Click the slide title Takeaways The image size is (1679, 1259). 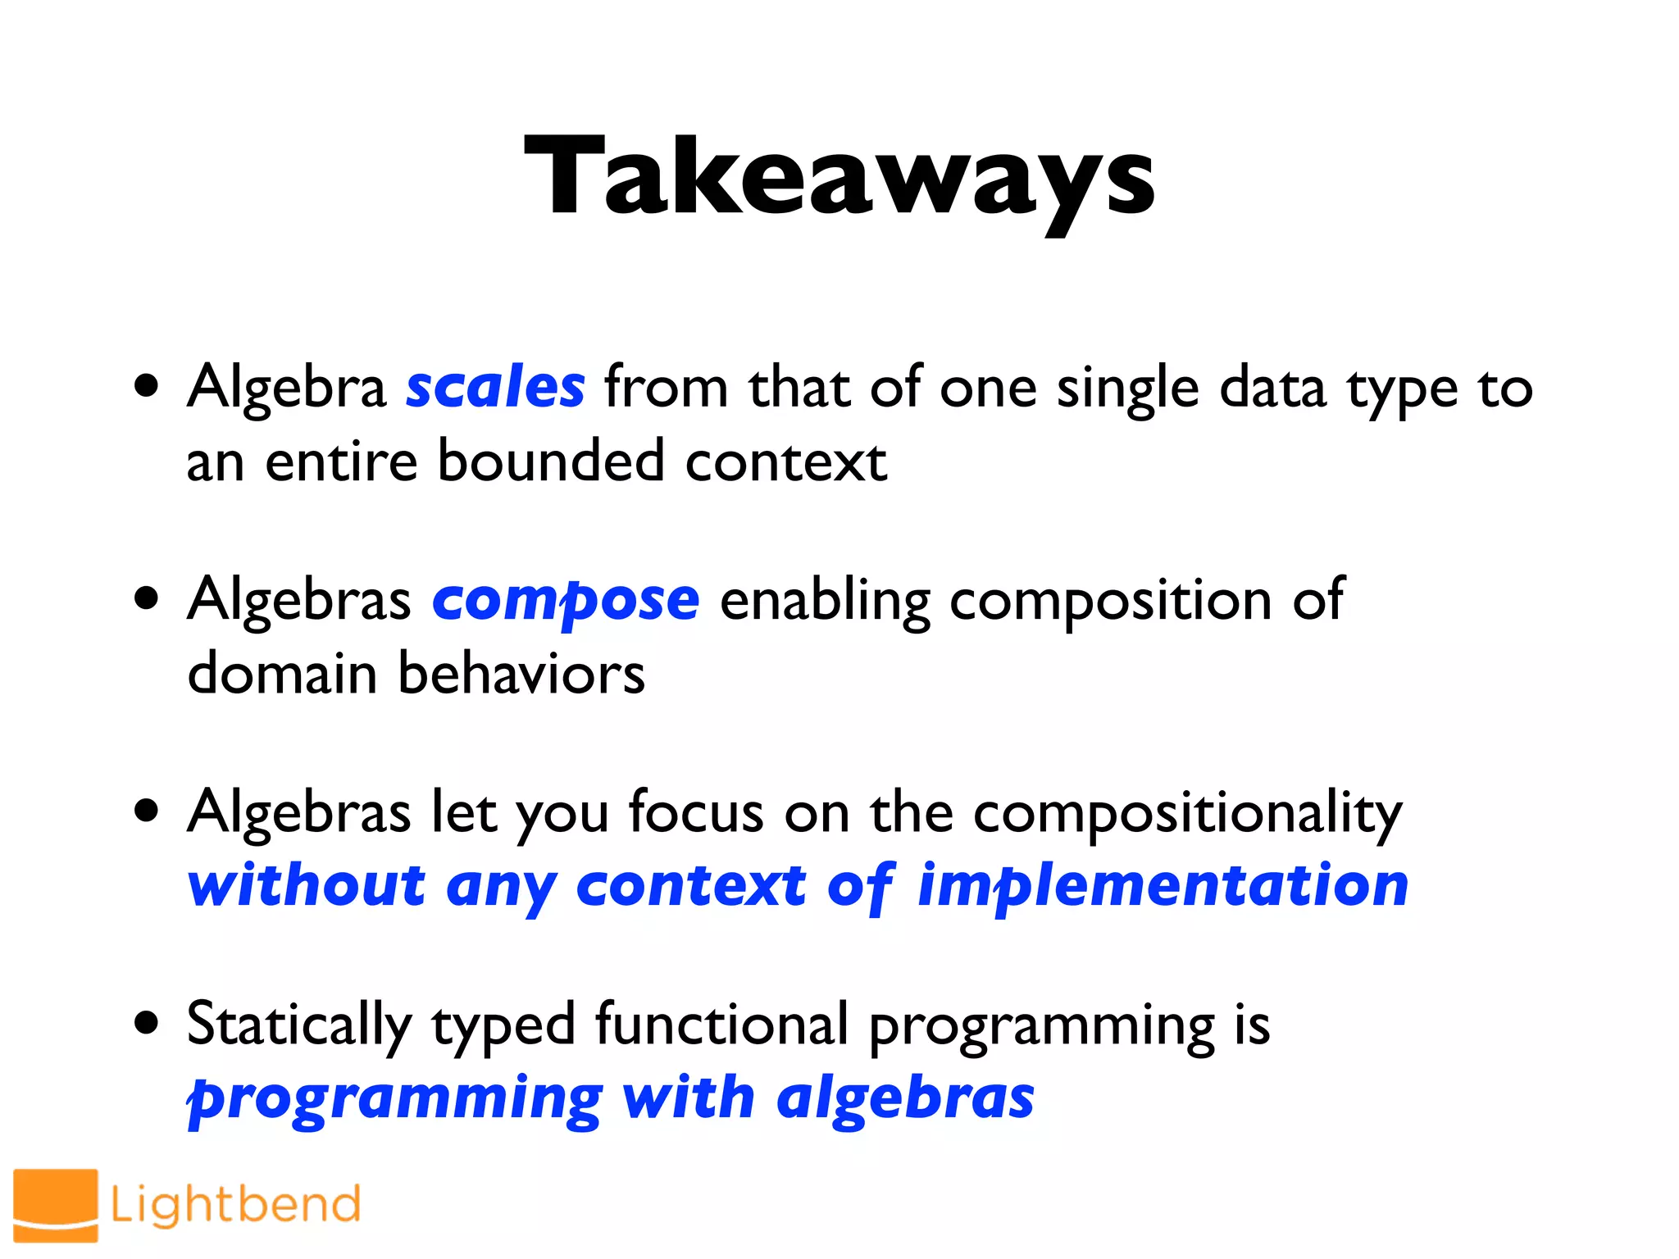tap(839, 176)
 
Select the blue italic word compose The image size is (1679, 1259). tap(566, 600)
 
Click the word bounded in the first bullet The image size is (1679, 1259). tap(550, 461)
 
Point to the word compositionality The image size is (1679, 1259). tap(1188, 813)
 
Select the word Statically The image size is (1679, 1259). tap(299, 1025)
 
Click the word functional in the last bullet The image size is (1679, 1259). tap(721, 1025)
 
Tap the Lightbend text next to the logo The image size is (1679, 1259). tap(236, 1204)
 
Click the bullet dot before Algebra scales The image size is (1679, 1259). tap(147, 386)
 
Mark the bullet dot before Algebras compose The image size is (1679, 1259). tap(147, 598)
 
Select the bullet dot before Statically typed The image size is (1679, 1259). tap(147, 1023)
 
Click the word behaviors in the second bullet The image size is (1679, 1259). tap(521, 674)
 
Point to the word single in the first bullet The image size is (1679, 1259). tap(1127, 389)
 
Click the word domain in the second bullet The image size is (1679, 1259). tap(282, 674)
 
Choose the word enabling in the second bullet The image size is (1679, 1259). tap(825, 602)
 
